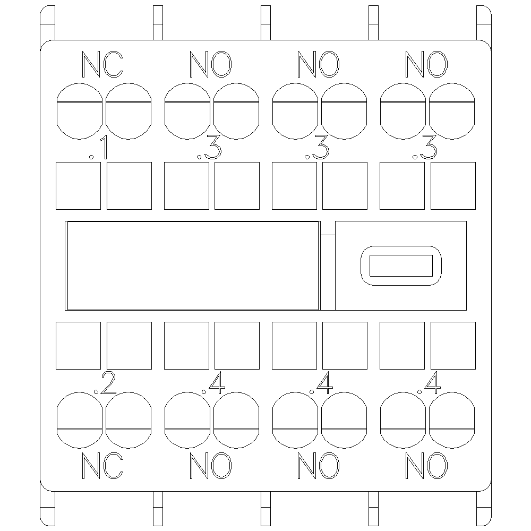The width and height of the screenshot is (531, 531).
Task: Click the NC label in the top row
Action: [x=102, y=64]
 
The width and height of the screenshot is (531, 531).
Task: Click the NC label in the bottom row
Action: [x=102, y=466]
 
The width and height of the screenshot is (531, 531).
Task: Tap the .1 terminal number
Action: [x=99, y=148]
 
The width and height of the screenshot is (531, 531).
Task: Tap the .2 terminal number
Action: [x=105, y=383]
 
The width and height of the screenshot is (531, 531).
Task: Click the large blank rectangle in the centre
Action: [x=192, y=266]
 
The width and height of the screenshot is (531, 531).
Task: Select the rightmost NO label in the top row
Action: [x=426, y=64]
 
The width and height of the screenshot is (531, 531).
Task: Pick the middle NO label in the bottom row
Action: [x=318, y=466]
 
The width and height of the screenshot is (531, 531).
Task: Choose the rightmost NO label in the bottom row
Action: [x=426, y=466]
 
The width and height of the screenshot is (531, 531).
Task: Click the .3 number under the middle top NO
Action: [x=316, y=148]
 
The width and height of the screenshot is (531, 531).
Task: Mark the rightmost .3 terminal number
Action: [x=424, y=148]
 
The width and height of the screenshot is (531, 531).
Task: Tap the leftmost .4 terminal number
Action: [x=213, y=383]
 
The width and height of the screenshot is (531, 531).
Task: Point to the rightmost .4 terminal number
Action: [x=429, y=383]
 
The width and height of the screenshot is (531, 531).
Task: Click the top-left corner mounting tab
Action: [x=47, y=23]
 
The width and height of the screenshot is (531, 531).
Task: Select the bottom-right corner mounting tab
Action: [x=484, y=508]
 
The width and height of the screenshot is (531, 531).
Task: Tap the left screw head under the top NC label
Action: [x=79, y=111]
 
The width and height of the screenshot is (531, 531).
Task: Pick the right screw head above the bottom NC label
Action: [x=129, y=420]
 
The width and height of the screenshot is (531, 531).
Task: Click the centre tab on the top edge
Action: [x=266, y=23]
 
